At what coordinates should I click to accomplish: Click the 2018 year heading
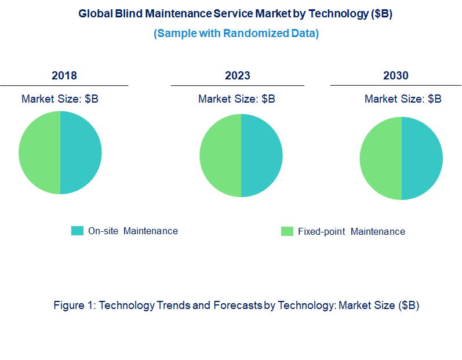coord(64,76)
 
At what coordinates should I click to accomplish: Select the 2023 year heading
coord(238,76)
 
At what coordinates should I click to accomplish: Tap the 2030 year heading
coord(396,76)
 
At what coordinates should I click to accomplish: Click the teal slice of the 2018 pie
coord(81,152)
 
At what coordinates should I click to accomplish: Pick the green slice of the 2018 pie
coord(39,152)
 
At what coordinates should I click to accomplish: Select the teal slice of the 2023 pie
coord(261,155)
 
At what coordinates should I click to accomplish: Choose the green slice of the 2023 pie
coord(220,155)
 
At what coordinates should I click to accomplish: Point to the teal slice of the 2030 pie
coord(422,158)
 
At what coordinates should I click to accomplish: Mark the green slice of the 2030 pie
coord(380,158)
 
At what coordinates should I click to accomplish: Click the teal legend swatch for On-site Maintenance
coord(77,231)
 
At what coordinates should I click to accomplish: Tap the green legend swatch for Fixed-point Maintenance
coord(287,231)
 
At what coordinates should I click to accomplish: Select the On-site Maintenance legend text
coord(133,231)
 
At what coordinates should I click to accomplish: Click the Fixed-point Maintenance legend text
coord(351,231)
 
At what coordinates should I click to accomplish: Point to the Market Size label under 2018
coord(60,99)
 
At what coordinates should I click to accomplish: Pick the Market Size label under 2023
coord(237,99)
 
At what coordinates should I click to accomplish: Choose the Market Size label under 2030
coord(403,99)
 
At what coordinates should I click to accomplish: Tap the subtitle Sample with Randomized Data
coord(236,33)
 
